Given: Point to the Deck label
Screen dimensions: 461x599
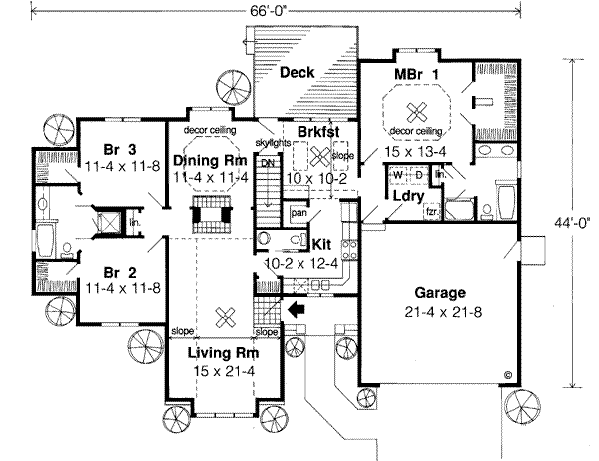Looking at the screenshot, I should click(x=299, y=73).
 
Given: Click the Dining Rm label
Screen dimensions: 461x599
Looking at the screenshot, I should click(x=216, y=160).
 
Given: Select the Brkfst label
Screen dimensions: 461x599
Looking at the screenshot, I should click(x=308, y=130).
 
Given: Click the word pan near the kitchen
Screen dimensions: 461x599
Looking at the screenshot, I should click(x=297, y=212).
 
